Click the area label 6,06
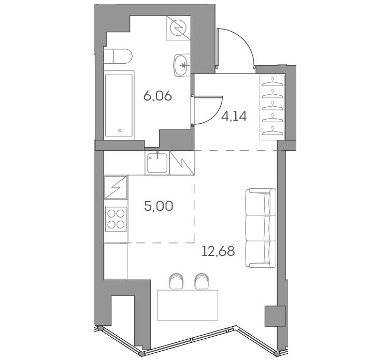click(x=157, y=96)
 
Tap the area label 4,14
click(x=234, y=117)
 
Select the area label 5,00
click(x=159, y=206)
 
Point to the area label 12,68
click(x=218, y=251)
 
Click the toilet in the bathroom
click(x=118, y=56)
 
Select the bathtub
click(x=119, y=105)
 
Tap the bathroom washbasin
click(x=182, y=65)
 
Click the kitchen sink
click(x=157, y=163)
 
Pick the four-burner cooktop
click(x=116, y=219)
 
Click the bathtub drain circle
click(x=120, y=131)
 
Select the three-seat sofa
click(x=261, y=228)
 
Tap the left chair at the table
click(x=177, y=281)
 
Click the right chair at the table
click(x=202, y=281)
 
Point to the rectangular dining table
click(x=188, y=305)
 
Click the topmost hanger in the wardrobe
click(x=272, y=82)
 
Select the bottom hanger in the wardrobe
click(x=272, y=131)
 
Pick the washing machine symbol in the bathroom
click(x=178, y=27)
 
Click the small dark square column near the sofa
click(x=275, y=316)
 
